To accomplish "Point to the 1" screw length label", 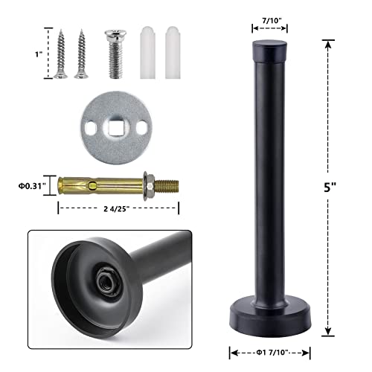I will [x=38, y=54].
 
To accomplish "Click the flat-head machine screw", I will [x=117, y=55].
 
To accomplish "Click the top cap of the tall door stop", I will [x=269, y=51].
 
